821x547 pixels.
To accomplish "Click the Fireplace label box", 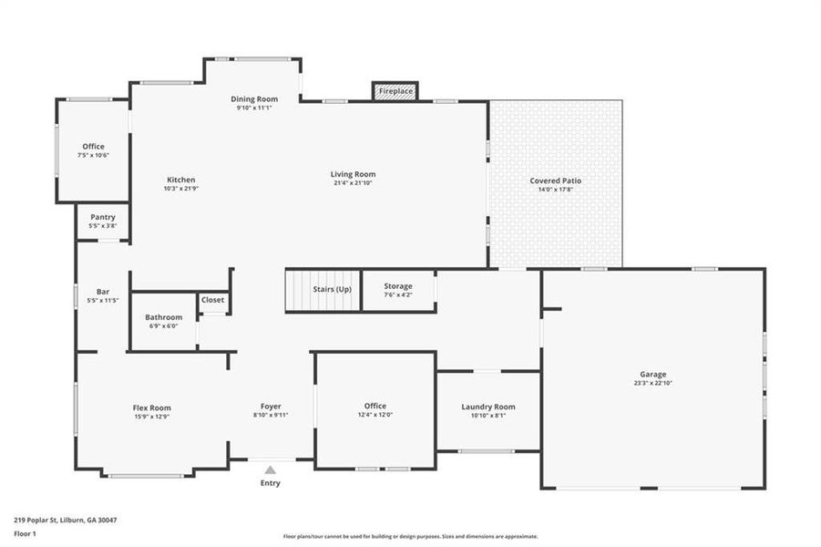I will (x=395, y=91).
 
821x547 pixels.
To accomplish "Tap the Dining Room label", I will (x=253, y=98).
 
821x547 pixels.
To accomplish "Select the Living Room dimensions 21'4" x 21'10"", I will (x=353, y=183).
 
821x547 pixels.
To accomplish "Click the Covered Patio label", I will (x=555, y=181).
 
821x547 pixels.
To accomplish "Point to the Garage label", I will (x=652, y=374).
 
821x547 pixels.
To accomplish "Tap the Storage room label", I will (x=397, y=286).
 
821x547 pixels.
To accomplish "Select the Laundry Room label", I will (x=488, y=407).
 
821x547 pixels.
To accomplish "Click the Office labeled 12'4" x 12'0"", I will (x=375, y=406).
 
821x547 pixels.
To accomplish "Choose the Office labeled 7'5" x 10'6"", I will (x=93, y=146).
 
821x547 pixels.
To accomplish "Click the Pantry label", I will (x=102, y=217).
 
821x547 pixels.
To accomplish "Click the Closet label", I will (x=212, y=299).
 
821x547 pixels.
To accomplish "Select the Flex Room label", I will (x=151, y=408).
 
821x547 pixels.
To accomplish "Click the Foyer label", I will (x=271, y=406).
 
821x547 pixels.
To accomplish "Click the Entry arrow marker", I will (x=270, y=470).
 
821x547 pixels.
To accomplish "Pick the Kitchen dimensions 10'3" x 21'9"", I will (x=180, y=189).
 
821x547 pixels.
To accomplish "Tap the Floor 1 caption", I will (x=25, y=535).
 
